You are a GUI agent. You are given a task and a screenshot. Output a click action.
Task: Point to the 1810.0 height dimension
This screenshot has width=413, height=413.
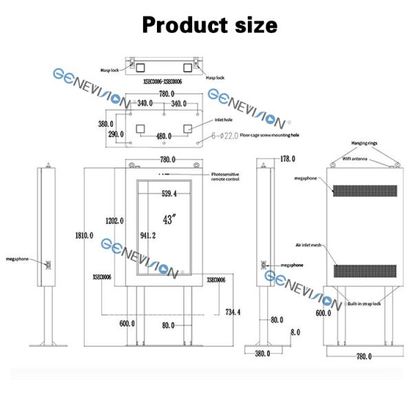(x=85, y=235)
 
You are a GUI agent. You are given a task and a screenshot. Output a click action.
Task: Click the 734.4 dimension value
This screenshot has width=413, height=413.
(x=233, y=312)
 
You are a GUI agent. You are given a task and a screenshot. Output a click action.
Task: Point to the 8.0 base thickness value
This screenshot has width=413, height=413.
(x=295, y=332)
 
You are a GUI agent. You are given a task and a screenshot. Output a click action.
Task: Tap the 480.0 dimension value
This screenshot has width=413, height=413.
(x=163, y=136)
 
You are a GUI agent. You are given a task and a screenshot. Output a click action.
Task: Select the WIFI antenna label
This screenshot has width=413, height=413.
(x=359, y=159)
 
